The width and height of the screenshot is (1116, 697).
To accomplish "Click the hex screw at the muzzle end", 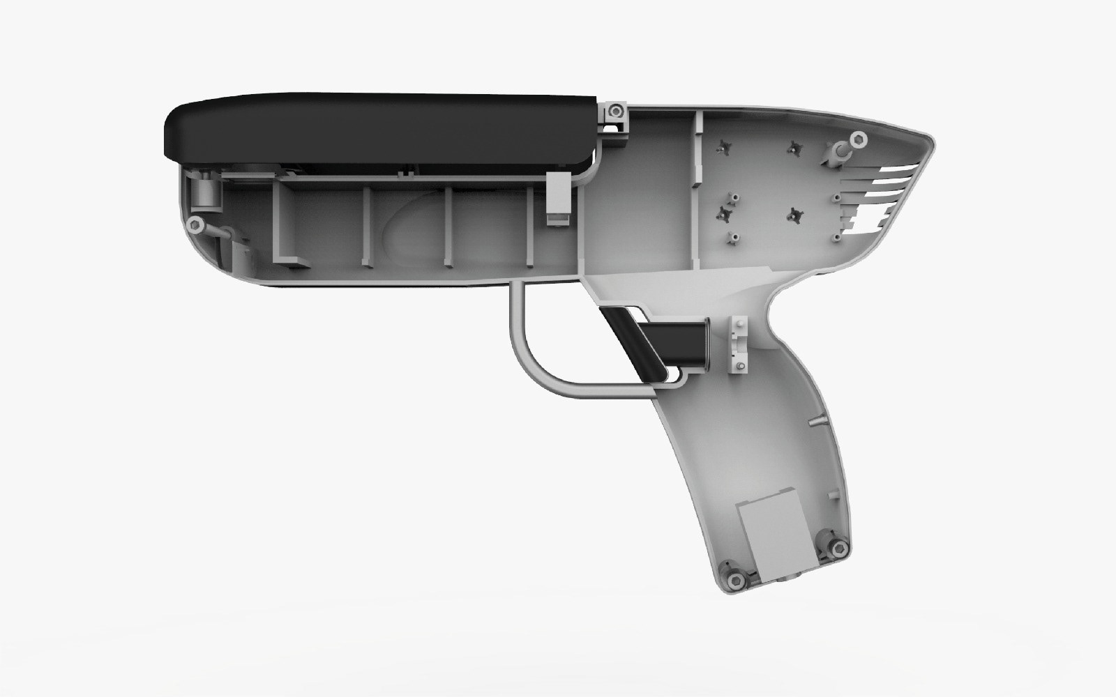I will tap(196, 225).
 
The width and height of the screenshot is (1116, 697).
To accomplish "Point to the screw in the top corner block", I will tap(614, 112).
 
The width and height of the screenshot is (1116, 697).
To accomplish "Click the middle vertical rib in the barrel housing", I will tap(448, 227).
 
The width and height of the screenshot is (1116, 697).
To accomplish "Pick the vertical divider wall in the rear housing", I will tap(697, 188).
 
